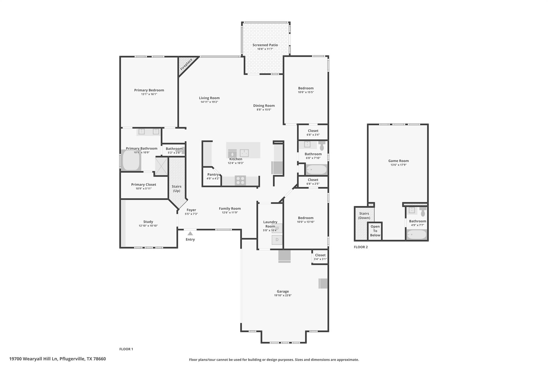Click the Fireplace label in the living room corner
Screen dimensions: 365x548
186,64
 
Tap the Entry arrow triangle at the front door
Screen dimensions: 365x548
190,233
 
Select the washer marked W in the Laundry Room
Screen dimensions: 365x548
277,228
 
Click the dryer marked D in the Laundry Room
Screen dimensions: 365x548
277,240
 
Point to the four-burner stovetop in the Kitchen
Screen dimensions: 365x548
240,180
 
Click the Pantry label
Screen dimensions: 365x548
213,175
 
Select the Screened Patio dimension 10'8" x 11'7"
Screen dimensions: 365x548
265,49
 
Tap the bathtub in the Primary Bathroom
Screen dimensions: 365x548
131,160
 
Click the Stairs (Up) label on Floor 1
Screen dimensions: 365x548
177,189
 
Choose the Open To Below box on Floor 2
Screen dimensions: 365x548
375,231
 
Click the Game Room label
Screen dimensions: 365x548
398,161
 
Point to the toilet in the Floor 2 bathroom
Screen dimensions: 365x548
423,212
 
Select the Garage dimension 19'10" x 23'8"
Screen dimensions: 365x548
283,295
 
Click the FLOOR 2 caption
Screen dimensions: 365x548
361,247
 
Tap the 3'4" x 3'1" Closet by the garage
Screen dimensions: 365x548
320,257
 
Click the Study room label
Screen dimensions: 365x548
148,222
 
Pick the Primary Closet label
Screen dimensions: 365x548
143,185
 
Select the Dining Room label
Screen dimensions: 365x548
264,106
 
